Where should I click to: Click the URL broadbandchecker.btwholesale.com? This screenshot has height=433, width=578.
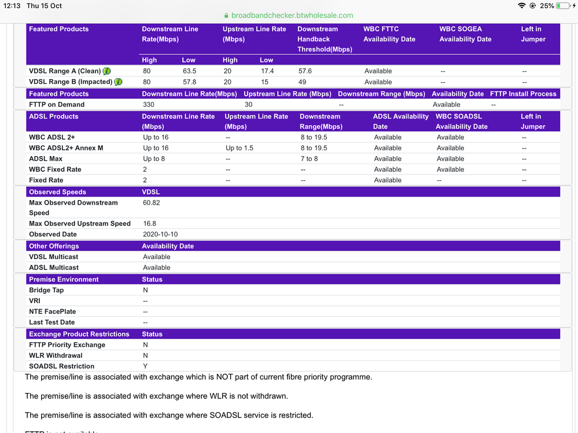(x=292, y=16)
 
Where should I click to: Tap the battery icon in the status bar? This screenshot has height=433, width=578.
(x=563, y=6)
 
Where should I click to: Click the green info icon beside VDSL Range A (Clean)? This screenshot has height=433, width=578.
(x=106, y=71)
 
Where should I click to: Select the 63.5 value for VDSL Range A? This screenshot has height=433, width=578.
(x=189, y=71)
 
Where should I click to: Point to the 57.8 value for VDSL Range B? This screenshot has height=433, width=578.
(x=189, y=82)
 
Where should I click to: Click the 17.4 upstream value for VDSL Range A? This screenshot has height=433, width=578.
(x=267, y=71)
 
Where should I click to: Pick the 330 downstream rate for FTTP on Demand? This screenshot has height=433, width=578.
(x=149, y=105)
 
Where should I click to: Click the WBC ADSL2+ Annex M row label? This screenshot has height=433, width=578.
(x=66, y=148)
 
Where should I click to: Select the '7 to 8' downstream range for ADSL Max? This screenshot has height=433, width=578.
(x=309, y=159)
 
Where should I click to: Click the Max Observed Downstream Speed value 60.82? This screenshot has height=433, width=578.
(x=152, y=203)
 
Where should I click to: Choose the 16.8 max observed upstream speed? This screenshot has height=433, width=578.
(x=149, y=224)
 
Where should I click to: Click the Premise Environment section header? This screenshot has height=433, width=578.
(x=64, y=279)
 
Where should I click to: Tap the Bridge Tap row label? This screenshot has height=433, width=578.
(x=46, y=290)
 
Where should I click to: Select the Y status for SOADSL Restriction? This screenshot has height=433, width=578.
(x=145, y=367)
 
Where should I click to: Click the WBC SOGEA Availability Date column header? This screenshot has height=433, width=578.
(x=465, y=34)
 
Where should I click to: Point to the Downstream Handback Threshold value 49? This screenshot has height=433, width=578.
(x=301, y=82)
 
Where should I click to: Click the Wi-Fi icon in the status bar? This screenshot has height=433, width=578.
(x=522, y=6)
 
